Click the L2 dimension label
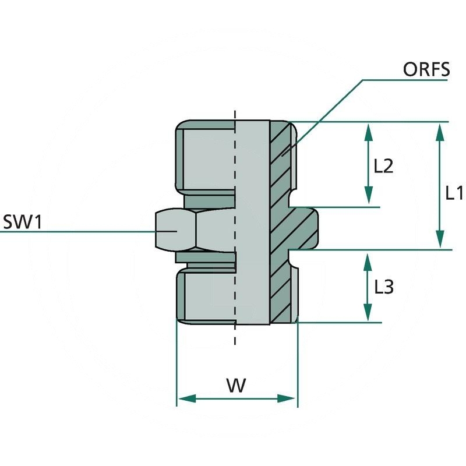[383, 167]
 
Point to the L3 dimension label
[384, 287]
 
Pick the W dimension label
[236, 385]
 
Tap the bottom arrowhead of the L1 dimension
[440, 241]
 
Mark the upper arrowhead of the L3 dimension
[368, 259]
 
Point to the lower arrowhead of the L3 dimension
[368, 314]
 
